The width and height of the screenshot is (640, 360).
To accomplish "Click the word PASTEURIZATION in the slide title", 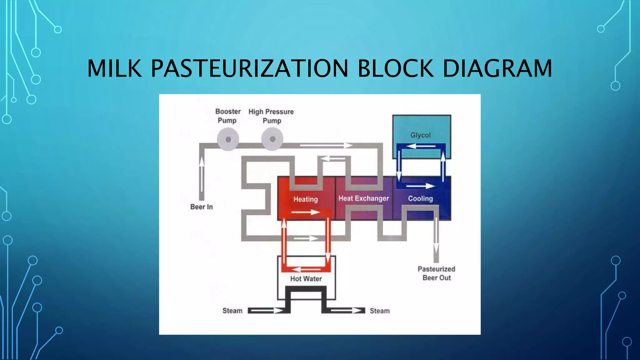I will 249,68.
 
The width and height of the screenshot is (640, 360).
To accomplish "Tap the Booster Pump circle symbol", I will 228,139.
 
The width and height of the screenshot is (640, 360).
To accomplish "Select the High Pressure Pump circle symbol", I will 272,139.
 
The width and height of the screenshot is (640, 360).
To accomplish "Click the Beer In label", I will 202,207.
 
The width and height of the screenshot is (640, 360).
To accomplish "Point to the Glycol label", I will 420,135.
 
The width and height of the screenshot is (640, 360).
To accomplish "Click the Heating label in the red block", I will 305,199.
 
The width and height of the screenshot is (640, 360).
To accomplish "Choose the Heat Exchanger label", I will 364,198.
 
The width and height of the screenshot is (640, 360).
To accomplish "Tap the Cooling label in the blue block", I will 420,198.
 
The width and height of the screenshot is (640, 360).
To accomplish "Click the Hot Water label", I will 306,279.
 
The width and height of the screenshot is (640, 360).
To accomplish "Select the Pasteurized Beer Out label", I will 437,273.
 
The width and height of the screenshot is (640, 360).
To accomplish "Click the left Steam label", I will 232,311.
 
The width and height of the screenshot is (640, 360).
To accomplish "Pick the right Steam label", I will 380,311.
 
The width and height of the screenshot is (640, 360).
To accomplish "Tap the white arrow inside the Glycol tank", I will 421,146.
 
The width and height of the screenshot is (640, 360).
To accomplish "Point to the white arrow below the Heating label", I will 305,212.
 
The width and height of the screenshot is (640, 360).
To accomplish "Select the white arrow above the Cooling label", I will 420,186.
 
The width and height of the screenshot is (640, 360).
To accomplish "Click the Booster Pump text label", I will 228,116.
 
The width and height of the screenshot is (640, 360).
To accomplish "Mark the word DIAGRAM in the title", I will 497,68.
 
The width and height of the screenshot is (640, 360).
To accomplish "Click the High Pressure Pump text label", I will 271,116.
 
